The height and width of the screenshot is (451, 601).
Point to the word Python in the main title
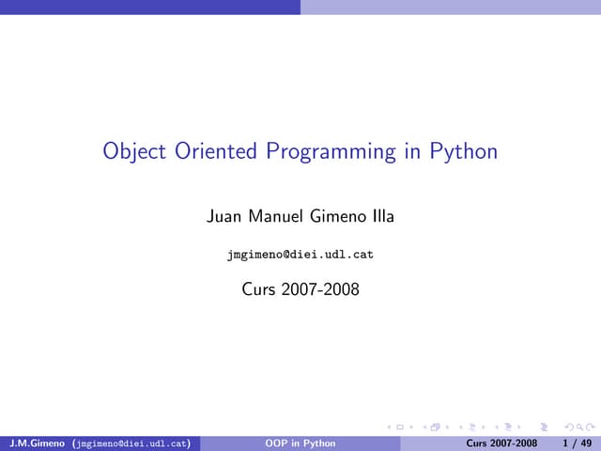click(x=463, y=152)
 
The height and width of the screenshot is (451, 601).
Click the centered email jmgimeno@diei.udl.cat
click(x=300, y=255)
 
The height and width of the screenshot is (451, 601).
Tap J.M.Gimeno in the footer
click(x=37, y=443)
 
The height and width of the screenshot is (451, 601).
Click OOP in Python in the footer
click(x=300, y=443)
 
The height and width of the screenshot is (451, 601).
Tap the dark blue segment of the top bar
click(x=150, y=7)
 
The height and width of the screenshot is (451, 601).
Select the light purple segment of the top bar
click(x=451, y=7)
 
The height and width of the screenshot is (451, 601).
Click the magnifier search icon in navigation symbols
click(x=574, y=429)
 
